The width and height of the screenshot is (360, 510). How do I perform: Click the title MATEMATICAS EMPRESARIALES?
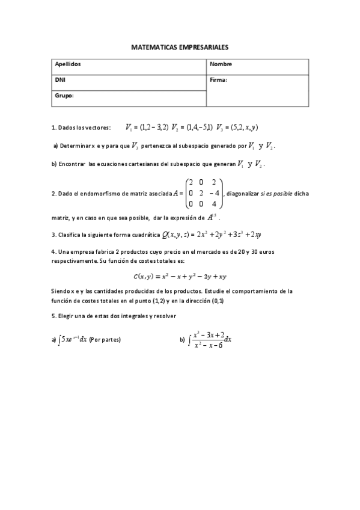pos(180,46)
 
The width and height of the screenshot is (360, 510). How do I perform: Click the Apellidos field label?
pos(67,64)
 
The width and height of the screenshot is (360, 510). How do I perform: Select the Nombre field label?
pos(221,64)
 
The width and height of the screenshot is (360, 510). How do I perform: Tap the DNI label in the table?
pos(60,79)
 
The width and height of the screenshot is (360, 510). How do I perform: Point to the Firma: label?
pos(219,79)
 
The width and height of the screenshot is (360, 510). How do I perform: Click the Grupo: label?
pos(64,94)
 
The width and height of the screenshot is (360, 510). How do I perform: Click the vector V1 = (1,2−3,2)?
pos(147,127)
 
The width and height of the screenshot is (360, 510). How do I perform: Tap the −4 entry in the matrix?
pos(214,193)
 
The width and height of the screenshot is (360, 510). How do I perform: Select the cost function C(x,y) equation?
pos(180,276)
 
